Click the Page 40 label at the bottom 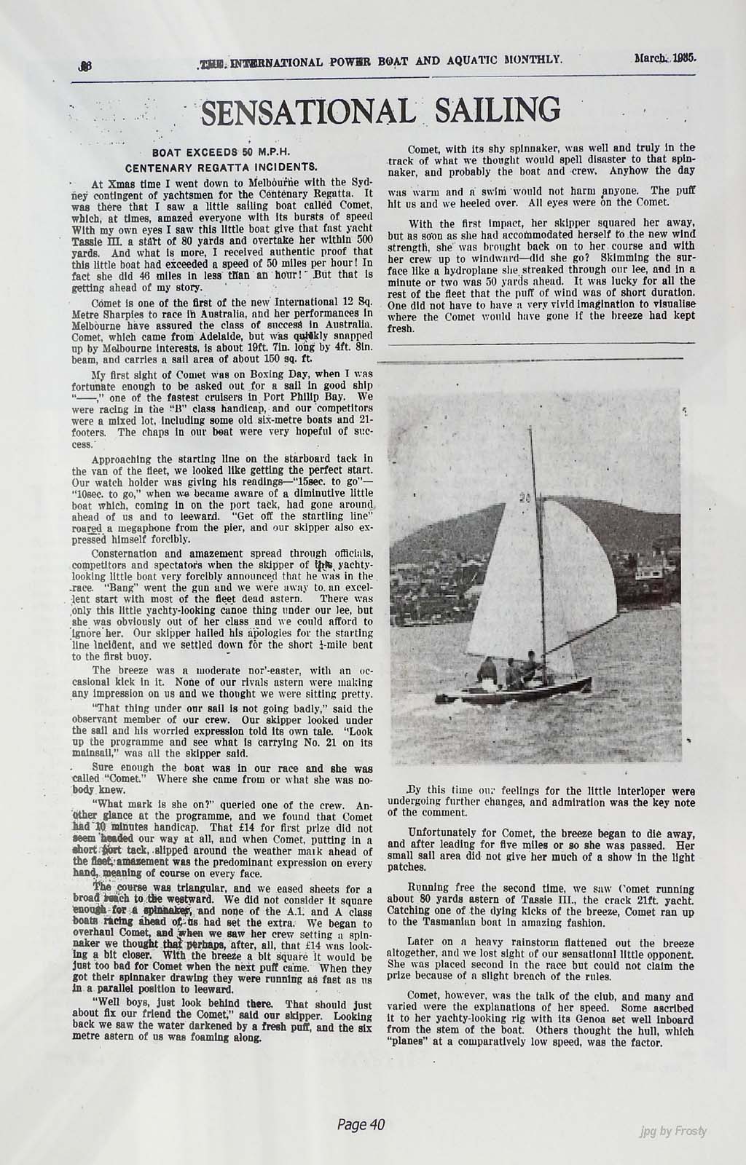361,1125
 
